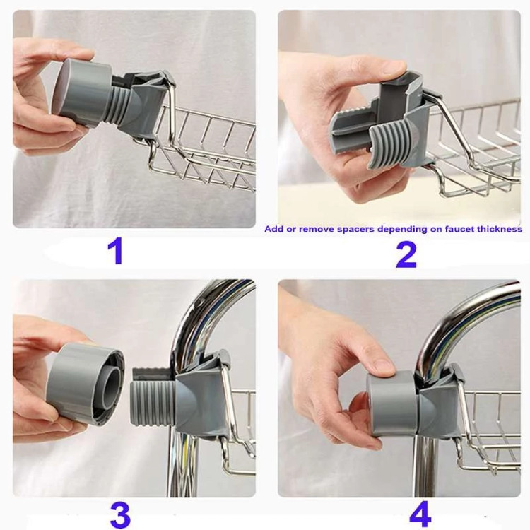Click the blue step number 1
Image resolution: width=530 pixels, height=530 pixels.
click(115, 252)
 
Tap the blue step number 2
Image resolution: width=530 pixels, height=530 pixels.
click(406, 255)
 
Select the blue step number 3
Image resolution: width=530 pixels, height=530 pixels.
click(120, 515)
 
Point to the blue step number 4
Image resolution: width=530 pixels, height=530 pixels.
click(420, 514)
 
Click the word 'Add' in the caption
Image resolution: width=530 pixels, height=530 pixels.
click(273, 229)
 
